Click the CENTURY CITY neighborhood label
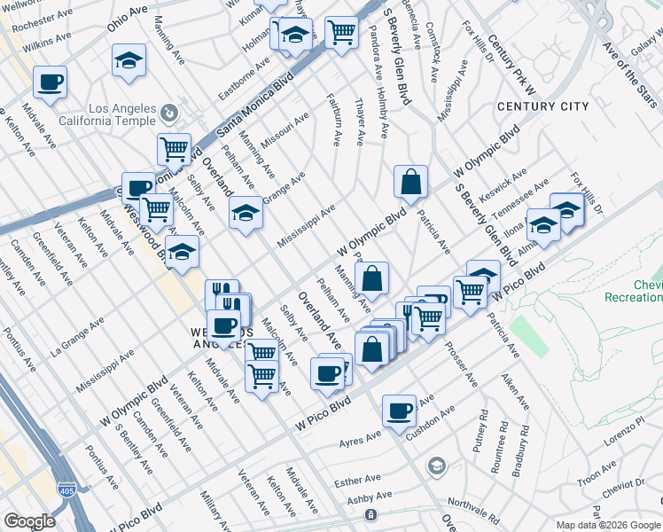pos(542,106)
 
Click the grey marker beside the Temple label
pos(169,113)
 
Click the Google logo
pos(29,521)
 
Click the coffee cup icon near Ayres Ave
pos(400,410)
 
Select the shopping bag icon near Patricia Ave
pos(411,183)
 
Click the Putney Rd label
pos(481,431)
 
